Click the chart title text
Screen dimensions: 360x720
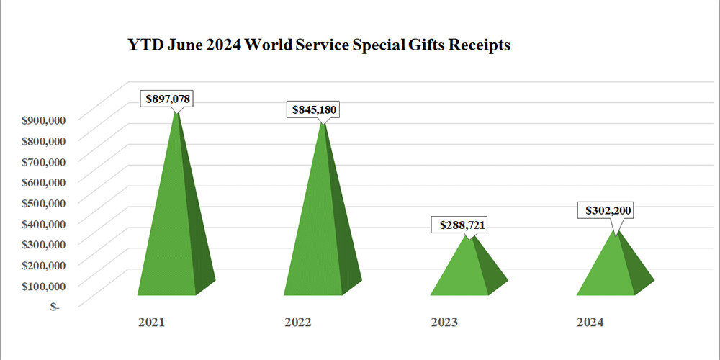[x=318, y=45]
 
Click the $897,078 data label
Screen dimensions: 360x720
[x=169, y=99]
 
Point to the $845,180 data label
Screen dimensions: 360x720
[x=314, y=109]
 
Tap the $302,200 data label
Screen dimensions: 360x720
[x=607, y=212]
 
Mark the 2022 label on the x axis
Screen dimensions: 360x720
[x=297, y=321]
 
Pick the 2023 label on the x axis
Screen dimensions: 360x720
[x=444, y=321]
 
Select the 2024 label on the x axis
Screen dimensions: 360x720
[x=590, y=321]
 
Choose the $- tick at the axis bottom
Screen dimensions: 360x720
[x=55, y=306]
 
